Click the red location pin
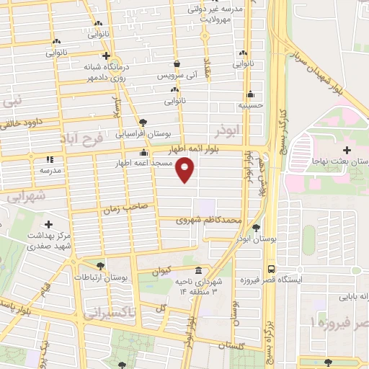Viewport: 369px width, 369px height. pyautogui.click(x=186, y=170)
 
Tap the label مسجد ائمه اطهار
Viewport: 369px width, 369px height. pyautogui.click(x=146, y=164)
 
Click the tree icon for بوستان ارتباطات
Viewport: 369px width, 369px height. pyautogui.click(x=100, y=265)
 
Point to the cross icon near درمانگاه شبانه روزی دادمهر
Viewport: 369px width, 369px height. pyautogui.click(x=106, y=55)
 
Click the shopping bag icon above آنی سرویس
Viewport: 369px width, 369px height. pyautogui.click(x=177, y=63)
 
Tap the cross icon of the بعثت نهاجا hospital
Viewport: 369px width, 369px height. pyautogui.click(x=347, y=150)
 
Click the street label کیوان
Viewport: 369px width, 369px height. pyautogui.click(x=162, y=270)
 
